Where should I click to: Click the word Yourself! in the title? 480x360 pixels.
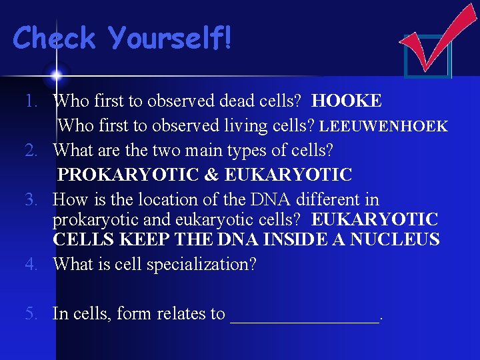pyautogui.click(x=171, y=38)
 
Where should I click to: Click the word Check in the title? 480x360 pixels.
pyautogui.click(x=55, y=38)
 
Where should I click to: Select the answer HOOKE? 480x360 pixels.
pyautogui.click(x=347, y=101)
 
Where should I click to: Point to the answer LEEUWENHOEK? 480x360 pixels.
pyautogui.click(x=383, y=126)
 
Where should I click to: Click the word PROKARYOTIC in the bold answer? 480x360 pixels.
pyautogui.click(x=127, y=175)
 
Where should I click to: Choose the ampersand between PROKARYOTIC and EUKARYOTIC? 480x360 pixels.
pyautogui.click(x=211, y=175)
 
